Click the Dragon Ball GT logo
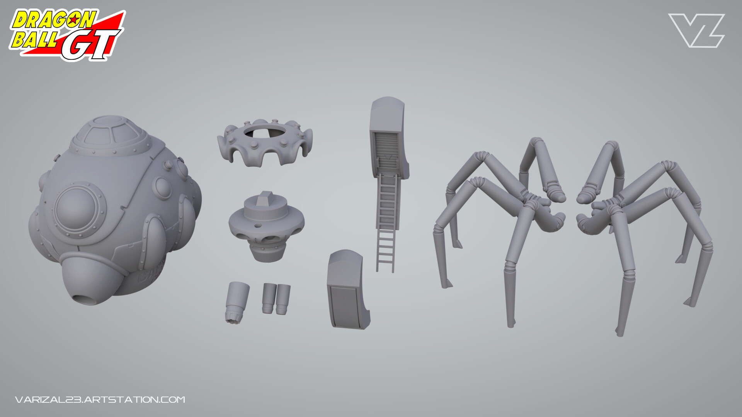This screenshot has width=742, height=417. pos(67,35)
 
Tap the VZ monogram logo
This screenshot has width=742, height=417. pos(696,31)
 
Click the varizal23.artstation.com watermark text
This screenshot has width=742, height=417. pos(100,399)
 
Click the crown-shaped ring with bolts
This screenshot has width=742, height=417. pos(265,142)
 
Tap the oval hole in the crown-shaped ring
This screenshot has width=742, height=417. pos(265,131)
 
